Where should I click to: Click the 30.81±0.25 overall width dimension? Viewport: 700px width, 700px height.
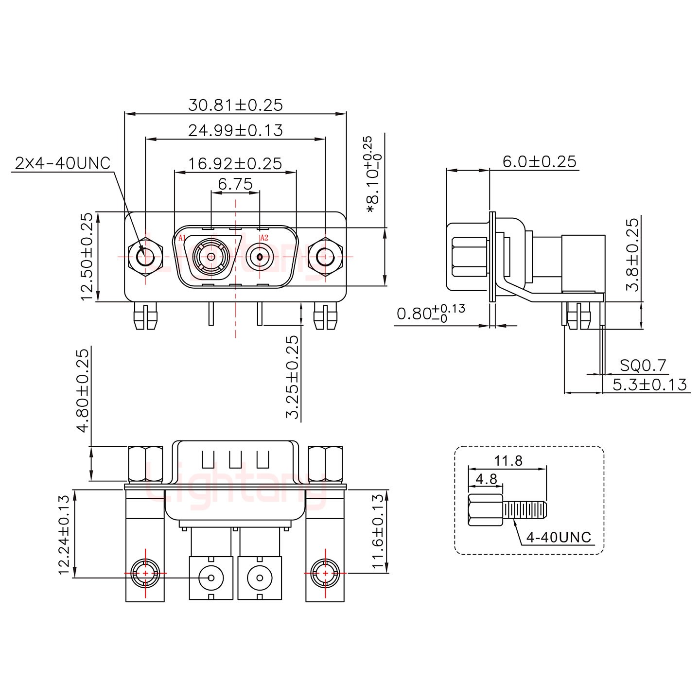[x=235, y=105]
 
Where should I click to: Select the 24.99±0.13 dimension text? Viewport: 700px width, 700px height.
[x=235, y=130]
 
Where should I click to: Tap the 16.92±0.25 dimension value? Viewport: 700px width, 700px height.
[x=235, y=163]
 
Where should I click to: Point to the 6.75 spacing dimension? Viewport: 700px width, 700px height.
[x=235, y=184]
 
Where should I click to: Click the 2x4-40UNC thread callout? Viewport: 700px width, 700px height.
[x=63, y=163]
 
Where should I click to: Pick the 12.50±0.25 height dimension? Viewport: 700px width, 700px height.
[x=87, y=257]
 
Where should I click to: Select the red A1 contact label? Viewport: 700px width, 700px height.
[x=182, y=238]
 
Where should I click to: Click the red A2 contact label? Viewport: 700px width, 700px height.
[x=264, y=238]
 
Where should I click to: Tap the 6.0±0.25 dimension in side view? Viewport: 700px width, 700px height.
[x=540, y=162]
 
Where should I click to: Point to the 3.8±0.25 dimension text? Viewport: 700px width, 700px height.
[x=632, y=254]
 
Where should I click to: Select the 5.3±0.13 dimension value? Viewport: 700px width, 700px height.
[x=650, y=385]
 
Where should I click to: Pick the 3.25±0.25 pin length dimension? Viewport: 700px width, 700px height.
[x=293, y=377]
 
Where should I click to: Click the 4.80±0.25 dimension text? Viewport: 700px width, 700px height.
[x=83, y=390]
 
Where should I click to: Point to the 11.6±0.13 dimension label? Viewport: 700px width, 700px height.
[x=378, y=531]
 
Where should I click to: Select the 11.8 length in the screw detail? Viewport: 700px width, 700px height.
[x=508, y=461]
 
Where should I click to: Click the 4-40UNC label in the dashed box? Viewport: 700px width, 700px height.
[x=559, y=537]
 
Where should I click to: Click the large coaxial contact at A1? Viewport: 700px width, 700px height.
[x=211, y=257]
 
